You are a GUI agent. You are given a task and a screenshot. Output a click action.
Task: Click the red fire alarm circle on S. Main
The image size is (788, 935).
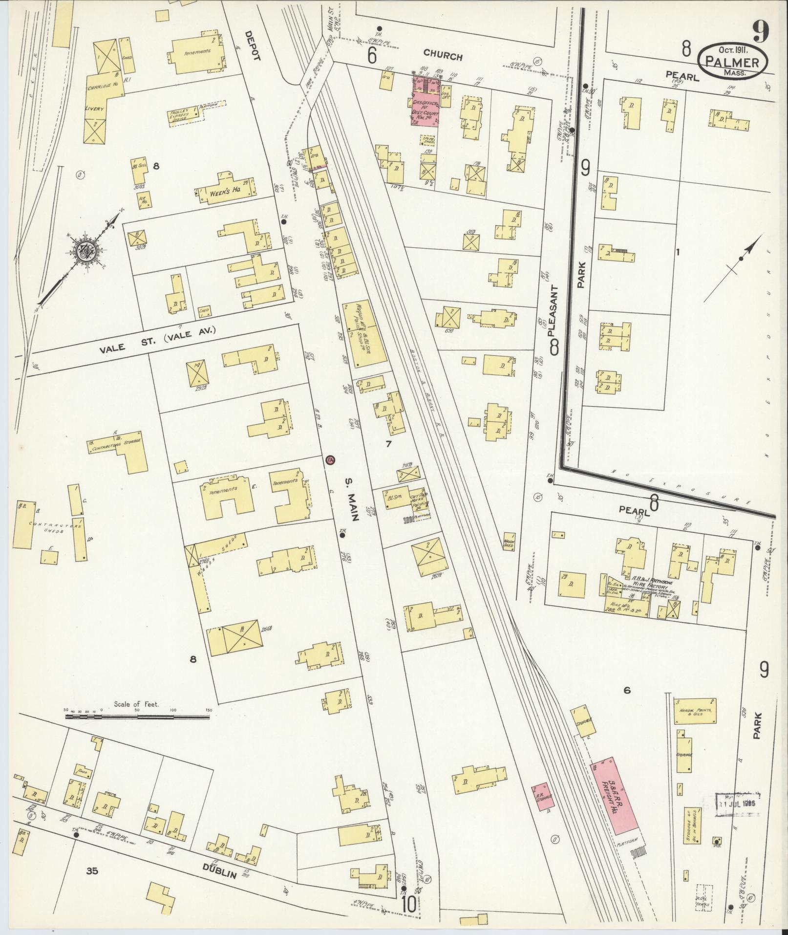click(x=330, y=460)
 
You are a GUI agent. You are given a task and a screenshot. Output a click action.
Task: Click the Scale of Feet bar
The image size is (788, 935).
click(x=137, y=717)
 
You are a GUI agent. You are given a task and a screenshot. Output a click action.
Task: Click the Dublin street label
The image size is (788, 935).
click(x=220, y=873)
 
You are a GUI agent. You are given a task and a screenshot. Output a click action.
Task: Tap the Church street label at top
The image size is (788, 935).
click(x=443, y=56)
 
